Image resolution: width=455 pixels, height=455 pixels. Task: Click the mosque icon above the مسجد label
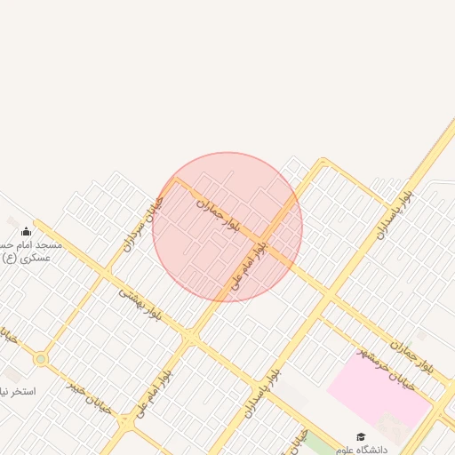(26, 232)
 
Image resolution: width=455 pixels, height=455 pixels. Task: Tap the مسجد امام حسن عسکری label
(27, 251)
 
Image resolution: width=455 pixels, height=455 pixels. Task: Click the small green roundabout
(40, 359)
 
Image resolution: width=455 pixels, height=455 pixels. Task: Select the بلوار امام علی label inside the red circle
(250, 261)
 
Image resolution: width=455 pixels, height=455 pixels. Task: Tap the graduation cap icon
(361, 436)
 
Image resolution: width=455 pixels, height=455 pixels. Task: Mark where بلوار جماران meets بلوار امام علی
(278, 251)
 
